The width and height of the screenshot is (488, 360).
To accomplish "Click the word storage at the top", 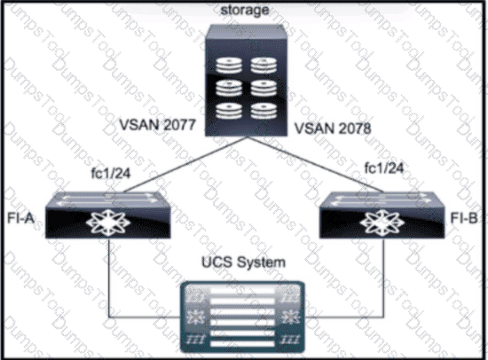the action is click(x=245, y=11).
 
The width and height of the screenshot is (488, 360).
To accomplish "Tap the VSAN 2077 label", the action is click(x=157, y=125).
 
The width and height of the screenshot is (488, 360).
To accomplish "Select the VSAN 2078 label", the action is click(x=333, y=129).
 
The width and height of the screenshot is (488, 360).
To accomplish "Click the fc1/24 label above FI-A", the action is click(x=111, y=173).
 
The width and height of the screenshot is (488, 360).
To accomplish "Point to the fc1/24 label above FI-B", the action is click(x=384, y=168).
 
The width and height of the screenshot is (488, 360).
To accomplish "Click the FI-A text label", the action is click(x=20, y=218).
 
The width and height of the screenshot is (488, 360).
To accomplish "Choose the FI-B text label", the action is click(x=464, y=218).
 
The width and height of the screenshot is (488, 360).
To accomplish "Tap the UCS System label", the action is click(x=243, y=262).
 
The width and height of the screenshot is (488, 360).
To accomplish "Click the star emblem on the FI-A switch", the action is click(x=108, y=223).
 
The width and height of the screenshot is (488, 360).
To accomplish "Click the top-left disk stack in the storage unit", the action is click(x=230, y=65).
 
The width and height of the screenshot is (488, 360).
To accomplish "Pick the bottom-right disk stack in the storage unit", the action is click(x=264, y=111).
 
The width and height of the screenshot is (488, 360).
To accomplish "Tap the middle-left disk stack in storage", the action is click(x=230, y=88).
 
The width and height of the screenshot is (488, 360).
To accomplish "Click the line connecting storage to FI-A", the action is click(x=185, y=165).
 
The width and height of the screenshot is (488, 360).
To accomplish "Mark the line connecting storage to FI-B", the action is click(x=316, y=165).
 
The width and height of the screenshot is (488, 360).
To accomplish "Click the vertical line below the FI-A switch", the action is click(x=108, y=278).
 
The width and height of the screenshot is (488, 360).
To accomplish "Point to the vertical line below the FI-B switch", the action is click(x=383, y=278).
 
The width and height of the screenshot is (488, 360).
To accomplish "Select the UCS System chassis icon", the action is click(x=243, y=317).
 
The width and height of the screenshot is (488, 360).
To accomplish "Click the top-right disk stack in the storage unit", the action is click(x=264, y=65).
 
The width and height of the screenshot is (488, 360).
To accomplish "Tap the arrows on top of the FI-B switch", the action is click(x=382, y=200).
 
